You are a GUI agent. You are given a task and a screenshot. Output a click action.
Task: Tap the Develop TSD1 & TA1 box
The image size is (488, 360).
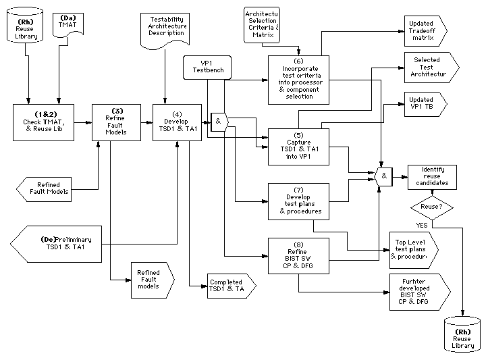click(178, 122)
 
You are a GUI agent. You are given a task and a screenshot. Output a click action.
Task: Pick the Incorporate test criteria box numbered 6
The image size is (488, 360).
click(298, 80)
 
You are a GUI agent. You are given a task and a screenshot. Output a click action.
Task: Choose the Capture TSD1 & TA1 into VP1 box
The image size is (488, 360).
click(298, 147)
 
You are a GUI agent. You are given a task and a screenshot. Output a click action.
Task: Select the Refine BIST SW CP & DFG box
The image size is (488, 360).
click(298, 257)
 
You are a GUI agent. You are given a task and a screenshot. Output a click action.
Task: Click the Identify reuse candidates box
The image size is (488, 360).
click(432, 177)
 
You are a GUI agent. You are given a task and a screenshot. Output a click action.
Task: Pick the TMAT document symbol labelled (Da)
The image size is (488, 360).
click(68, 26)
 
